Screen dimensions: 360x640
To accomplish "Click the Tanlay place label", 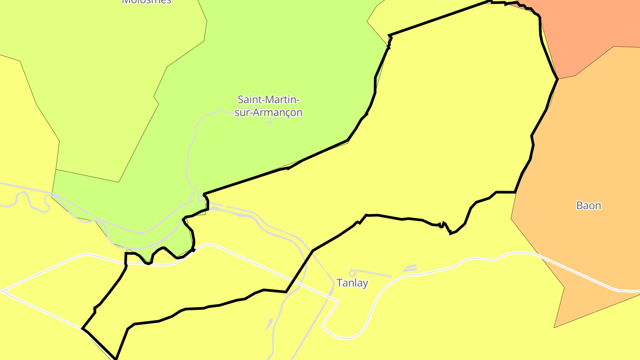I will coord(352,283).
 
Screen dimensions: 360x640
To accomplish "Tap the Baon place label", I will coord(588,206).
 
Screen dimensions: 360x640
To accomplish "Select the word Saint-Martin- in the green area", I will coord(269,99).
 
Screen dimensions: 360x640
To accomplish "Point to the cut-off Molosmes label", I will coord(147,1).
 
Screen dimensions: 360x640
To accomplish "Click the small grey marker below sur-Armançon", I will coord(269,122).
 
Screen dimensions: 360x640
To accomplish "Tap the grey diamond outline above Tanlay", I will coord(352,272).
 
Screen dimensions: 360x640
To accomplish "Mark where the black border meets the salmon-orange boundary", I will coord(557,79).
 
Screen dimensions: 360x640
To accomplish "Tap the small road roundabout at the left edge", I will coord(4,291).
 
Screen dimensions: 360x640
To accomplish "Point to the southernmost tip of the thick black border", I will coord(116,358).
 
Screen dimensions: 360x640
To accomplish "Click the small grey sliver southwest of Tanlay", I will coord(269,324).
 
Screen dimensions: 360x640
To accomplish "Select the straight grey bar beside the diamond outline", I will coord(373,273).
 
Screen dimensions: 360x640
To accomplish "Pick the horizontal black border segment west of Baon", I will coord(505,192).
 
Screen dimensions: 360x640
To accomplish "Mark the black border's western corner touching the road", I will coord(83,329).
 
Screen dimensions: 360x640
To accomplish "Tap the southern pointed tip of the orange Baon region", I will coord(554,328).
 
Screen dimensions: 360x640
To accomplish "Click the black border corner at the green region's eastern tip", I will coord(389,35).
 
